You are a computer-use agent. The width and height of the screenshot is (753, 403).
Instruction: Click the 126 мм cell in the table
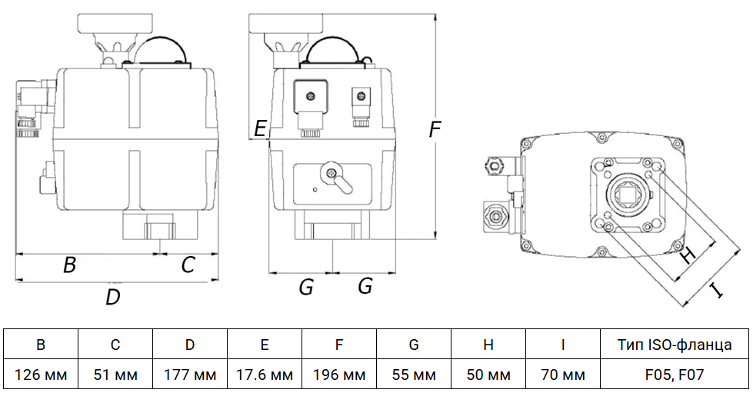(x=42, y=375)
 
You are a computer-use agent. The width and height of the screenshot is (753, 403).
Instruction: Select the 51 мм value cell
(x=115, y=375)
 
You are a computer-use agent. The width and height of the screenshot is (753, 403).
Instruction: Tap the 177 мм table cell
(x=190, y=375)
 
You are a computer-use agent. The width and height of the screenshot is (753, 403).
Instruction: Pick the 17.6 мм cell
(x=265, y=375)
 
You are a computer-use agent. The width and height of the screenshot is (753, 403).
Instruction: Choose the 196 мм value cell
(x=339, y=375)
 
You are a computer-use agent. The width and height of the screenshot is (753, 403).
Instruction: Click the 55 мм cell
(x=414, y=375)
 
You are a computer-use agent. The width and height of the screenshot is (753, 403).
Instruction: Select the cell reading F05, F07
(x=675, y=375)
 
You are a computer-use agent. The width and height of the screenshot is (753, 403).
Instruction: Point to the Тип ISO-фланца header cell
(x=675, y=345)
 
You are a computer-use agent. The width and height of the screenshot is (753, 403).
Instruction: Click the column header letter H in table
(x=488, y=345)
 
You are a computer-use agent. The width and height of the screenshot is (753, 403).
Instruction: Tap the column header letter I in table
(x=563, y=345)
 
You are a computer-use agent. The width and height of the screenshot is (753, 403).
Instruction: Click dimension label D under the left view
(x=113, y=297)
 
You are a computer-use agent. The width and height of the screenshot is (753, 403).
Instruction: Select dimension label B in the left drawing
(x=69, y=265)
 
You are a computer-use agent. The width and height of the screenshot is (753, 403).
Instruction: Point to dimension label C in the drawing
(x=188, y=265)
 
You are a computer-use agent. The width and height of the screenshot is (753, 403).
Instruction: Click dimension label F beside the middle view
(x=435, y=131)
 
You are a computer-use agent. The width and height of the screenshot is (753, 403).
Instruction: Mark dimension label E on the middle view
(x=261, y=128)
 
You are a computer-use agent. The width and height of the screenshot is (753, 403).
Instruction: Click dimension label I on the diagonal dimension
(x=716, y=290)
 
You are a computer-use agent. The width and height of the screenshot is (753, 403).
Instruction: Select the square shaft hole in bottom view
(x=628, y=193)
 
